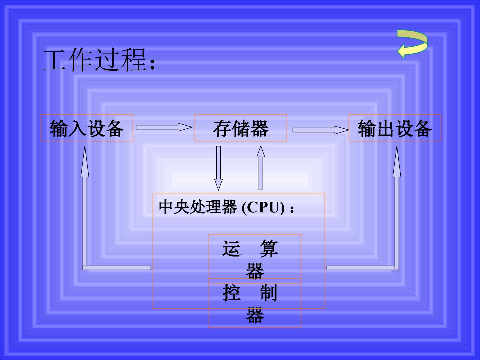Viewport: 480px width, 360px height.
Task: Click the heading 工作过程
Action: tap(94, 60)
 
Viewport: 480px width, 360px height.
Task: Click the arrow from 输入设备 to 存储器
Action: tap(164, 127)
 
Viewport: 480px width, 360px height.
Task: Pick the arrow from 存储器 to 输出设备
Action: tap(321, 130)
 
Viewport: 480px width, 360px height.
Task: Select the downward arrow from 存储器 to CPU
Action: tap(218, 168)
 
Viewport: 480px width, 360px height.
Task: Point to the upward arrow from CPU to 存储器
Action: tap(261, 168)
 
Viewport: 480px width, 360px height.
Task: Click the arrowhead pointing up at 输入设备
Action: tap(85, 162)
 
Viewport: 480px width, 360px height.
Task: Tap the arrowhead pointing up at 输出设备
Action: tap(397, 162)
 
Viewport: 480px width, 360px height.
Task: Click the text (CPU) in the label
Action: tap(263, 207)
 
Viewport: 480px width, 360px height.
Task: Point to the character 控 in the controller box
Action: tap(232, 293)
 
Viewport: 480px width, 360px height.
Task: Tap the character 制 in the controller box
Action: tap(269, 293)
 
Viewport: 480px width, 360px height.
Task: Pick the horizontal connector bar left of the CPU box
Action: tap(117, 268)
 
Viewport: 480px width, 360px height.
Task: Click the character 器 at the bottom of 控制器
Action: tap(255, 315)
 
